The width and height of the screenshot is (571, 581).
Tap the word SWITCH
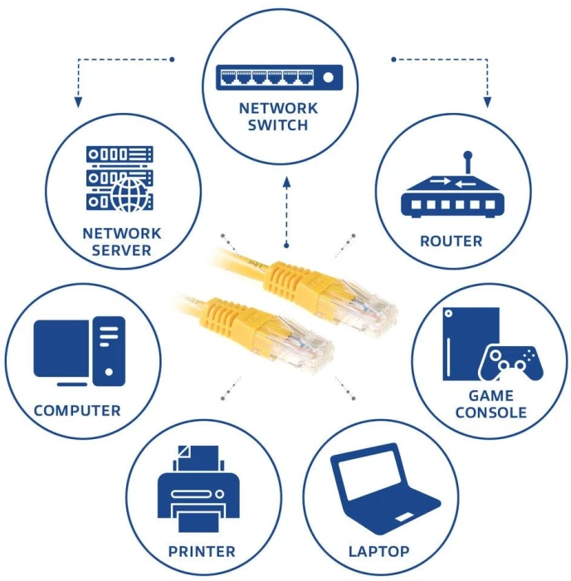pyautogui.click(x=277, y=125)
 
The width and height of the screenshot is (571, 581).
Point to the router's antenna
pyautogui.click(x=467, y=162)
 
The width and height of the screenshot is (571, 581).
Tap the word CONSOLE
pyautogui.click(x=491, y=413)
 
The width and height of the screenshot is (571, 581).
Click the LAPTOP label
pyautogui.click(x=378, y=551)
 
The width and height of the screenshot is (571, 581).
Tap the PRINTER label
pyautogui.click(x=202, y=551)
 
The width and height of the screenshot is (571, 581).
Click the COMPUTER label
pyautogui.click(x=77, y=411)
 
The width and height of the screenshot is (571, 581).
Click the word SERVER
pyautogui.click(x=121, y=250)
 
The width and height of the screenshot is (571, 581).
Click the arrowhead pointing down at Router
pyautogui.click(x=488, y=102)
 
